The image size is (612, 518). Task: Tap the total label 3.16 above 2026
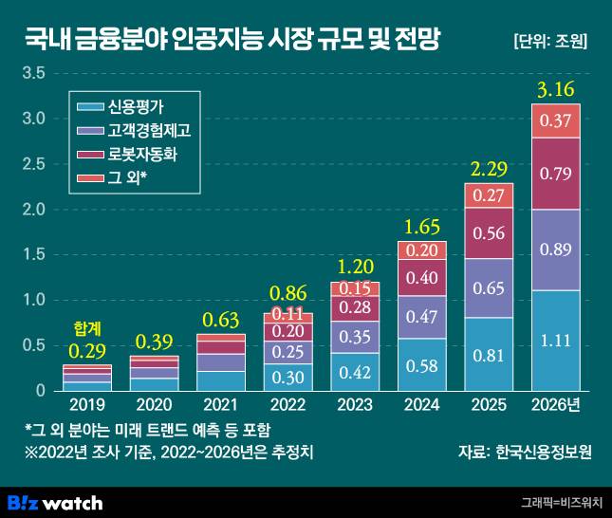click(555, 90)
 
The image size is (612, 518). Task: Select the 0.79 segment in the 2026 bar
click(555, 174)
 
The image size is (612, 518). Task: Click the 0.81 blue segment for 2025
click(488, 355)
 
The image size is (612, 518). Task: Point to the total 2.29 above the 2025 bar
click(488, 170)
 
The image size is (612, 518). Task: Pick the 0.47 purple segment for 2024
click(420, 317)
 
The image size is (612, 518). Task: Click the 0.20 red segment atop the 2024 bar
click(420, 250)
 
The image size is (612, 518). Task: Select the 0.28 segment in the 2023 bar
click(354, 307)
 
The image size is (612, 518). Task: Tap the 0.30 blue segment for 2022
click(287, 377)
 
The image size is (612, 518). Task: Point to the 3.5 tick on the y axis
click(33, 73)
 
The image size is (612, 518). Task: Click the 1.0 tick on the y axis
click(33, 300)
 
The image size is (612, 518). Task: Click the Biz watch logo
click(56, 501)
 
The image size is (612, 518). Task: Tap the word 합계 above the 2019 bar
click(86, 328)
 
